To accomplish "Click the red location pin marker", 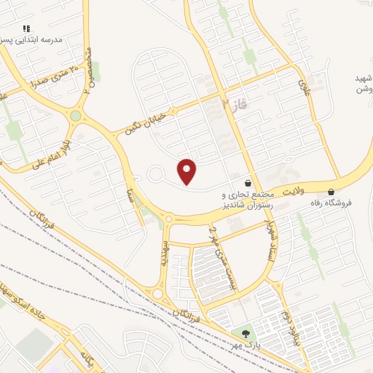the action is pyautogui.click(x=187, y=171).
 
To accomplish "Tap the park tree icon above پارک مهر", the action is pyautogui.click(x=245, y=333).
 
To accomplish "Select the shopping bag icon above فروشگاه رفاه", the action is pyautogui.click(x=331, y=192).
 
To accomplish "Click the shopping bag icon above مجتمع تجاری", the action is pyautogui.click(x=249, y=184).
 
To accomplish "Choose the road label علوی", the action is pyautogui.click(x=305, y=90).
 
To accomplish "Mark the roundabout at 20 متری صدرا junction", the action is pyautogui.click(x=76, y=116).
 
